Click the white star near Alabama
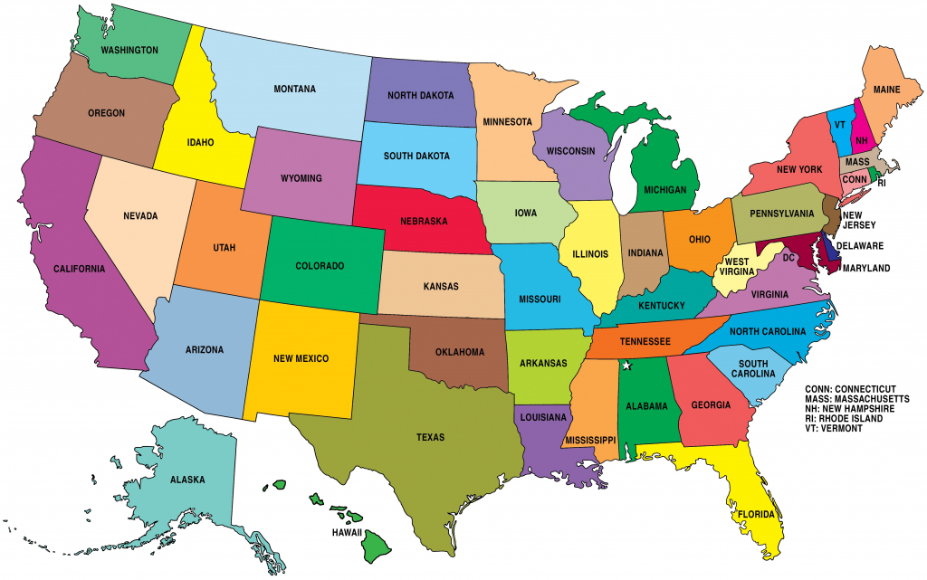click(626, 366)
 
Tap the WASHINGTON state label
click(129, 50)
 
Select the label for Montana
click(294, 89)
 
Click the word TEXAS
click(430, 437)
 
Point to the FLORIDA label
click(755, 515)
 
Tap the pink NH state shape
click(861, 140)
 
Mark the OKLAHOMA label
click(460, 352)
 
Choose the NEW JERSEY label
click(858, 222)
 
